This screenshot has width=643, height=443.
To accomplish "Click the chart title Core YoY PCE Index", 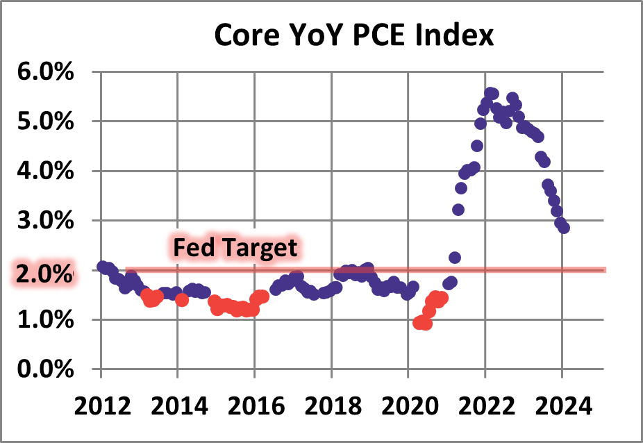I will pos(353,34).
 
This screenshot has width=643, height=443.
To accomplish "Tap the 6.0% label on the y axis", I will pos(44,72).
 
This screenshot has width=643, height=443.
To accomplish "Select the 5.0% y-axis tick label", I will pos(44,122).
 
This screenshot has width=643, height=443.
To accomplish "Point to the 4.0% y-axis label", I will pos(44,172).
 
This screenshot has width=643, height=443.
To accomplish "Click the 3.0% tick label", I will pos(44,221).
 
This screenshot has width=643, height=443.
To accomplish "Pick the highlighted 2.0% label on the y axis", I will pos(43,271).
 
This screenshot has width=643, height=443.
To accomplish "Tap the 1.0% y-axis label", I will pos(44,320).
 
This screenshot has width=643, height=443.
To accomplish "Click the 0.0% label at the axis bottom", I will pos(44,369).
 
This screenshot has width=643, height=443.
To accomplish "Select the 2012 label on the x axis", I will pos(101,404).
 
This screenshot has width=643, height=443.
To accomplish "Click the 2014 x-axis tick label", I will pos(178,404).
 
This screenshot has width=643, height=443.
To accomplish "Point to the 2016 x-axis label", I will pos(255,404).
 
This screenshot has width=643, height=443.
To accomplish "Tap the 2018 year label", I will pos(332,404).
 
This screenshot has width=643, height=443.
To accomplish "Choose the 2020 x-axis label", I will pos(408,404).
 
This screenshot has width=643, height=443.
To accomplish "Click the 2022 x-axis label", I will pos(485,404).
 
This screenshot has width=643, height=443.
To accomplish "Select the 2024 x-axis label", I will pos(562,404).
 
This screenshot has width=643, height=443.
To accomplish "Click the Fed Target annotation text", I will pos(235,247).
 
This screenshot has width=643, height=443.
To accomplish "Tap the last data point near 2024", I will pos(564,228).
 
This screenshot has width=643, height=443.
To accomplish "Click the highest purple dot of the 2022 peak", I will pos(492,93).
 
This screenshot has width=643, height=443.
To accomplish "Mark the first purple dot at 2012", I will pos(103,267).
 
